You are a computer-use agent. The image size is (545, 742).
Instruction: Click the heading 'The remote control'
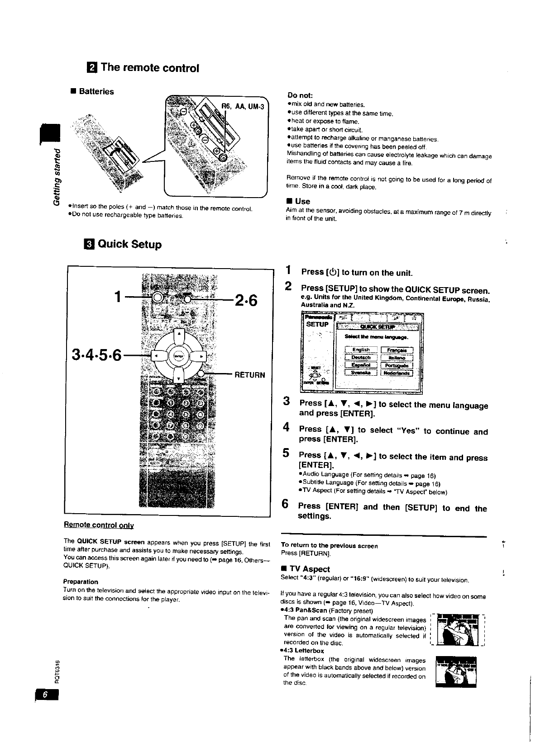[149, 68]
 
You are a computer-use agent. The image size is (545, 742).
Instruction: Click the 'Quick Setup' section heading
[129, 245]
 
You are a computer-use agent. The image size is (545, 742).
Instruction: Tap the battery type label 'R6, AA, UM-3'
[242, 107]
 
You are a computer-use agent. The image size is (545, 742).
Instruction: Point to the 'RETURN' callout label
[249, 375]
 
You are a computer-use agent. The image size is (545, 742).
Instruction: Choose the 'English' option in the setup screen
[361, 350]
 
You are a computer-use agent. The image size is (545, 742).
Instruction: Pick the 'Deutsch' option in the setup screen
[361, 357]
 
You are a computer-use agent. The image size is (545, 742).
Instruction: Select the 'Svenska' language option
[361, 373]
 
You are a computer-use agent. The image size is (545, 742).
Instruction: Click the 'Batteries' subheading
[96, 91]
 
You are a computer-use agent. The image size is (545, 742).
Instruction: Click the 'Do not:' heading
[300, 95]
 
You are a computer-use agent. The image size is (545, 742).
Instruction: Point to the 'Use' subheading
[302, 201]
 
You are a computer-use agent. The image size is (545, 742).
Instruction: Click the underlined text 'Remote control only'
[99, 525]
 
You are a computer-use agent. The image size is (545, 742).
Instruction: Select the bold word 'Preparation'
[81, 582]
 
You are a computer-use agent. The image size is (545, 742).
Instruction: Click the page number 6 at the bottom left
[45, 696]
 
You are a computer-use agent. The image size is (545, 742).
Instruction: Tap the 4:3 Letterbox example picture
[458, 672]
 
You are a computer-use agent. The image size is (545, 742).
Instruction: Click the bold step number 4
[286, 427]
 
